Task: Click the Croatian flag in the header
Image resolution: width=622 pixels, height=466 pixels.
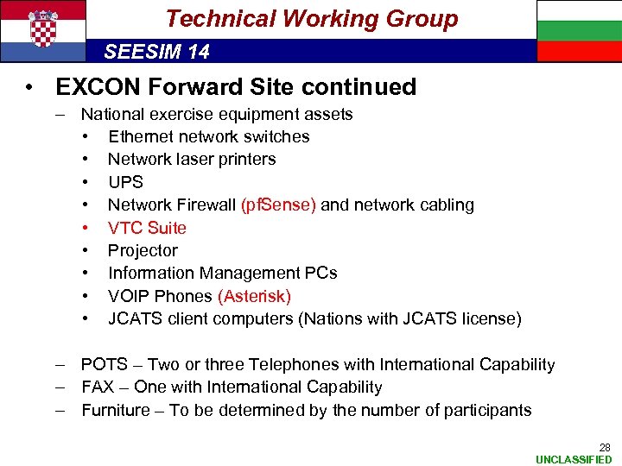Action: point(42,30)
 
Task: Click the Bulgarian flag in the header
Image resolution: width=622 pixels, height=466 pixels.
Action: point(579,30)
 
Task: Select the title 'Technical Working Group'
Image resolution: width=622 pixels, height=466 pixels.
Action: point(311,18)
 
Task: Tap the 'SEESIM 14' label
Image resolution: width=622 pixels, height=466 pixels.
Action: point(156,52)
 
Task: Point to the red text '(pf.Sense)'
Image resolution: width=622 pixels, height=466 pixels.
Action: point(279,205)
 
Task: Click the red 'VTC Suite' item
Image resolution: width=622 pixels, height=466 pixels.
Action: point(147,228)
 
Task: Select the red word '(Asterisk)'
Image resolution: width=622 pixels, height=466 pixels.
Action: point(255,296)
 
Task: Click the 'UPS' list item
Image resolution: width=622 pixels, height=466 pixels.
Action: point(125,182)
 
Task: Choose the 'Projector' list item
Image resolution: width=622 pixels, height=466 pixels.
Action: point(143,250)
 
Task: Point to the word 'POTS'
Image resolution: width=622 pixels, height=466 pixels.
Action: point(104,365)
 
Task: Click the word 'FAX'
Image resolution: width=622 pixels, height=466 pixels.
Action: point(98,387)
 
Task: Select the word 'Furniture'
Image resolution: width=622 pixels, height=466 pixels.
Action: point(116,410)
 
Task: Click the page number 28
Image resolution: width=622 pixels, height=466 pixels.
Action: point(605,447)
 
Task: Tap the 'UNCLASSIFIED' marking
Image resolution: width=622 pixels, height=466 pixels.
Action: point(574,459)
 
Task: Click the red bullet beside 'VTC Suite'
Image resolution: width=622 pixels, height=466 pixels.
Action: point(87,228)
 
